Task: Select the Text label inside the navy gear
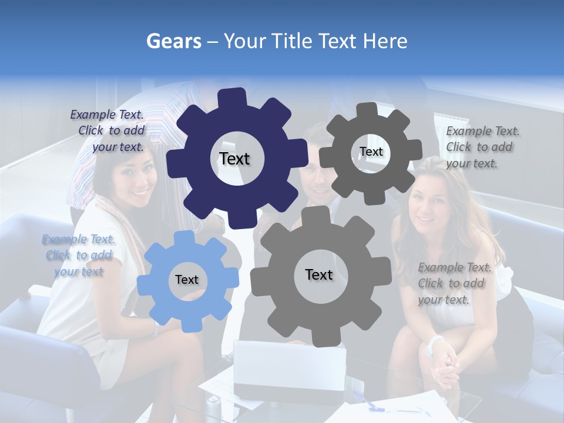point(234,159)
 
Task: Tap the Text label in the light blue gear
point(187,280)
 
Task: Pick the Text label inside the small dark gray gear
point(371,152)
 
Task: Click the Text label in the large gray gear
point(319,274)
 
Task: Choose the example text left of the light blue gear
point(78,255)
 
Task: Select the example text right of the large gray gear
point(454,283)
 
